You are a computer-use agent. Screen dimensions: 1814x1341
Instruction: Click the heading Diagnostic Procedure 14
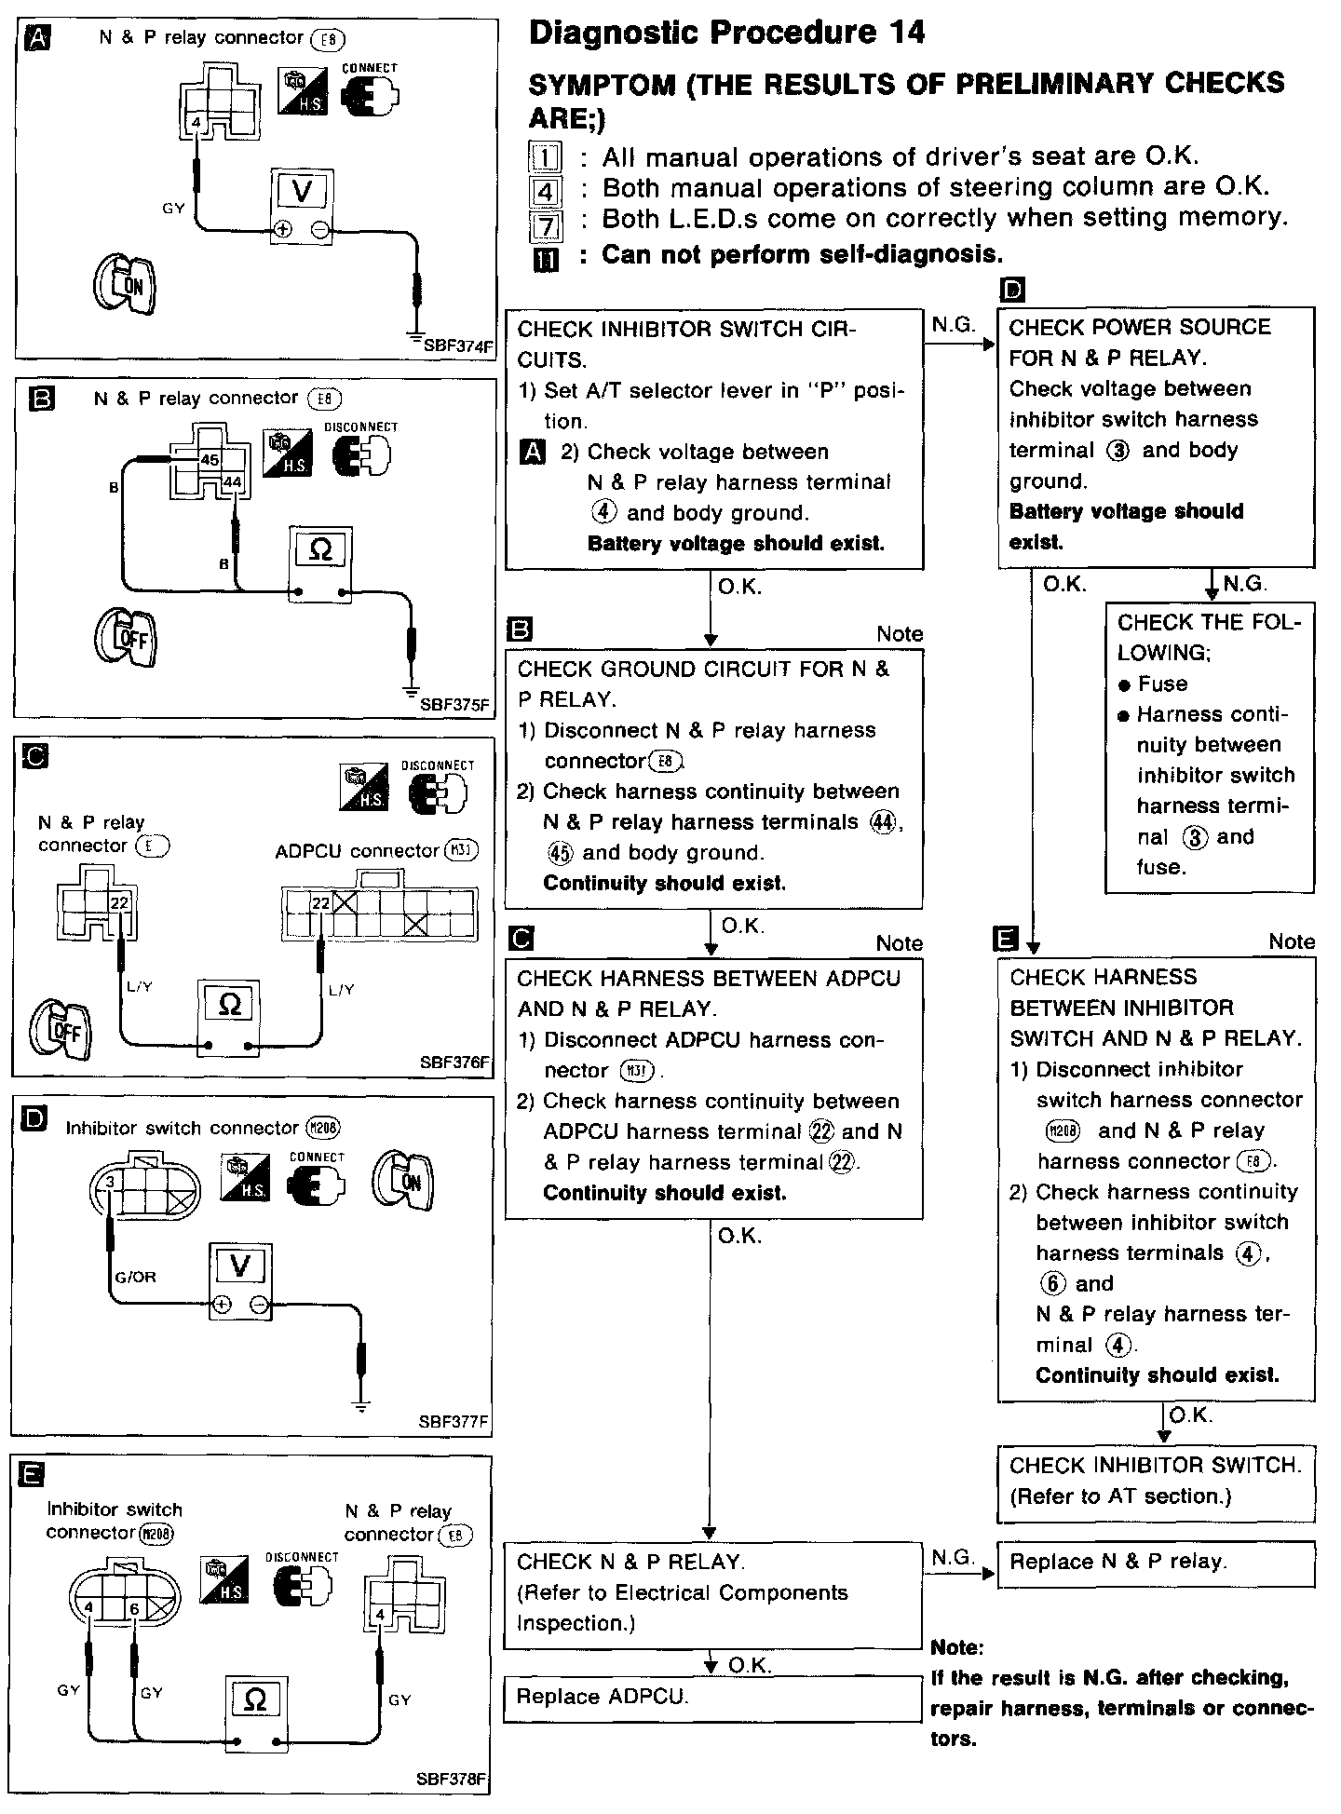click(x=726, y=34)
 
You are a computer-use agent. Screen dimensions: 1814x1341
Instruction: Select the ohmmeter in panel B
click(x=319, y=564)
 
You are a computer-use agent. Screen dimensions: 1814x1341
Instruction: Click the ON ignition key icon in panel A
click(x=125, y=283)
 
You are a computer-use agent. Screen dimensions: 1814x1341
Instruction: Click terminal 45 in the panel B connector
click(x=210, y=460)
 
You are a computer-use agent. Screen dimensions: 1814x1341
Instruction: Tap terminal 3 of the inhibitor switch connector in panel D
click(x=110, y=1182)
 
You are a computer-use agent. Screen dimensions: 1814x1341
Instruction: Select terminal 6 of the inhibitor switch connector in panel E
click(x=135, y=1608)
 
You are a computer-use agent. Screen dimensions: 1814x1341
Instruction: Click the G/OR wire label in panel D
click(x=135, y=1277)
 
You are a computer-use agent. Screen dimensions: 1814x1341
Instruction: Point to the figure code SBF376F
click(x=454, y=1062)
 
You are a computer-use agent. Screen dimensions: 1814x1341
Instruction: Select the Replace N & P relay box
click(x=1155, y=1562)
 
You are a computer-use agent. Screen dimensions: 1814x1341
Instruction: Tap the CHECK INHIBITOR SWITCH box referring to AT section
click(x=1155, y=1482)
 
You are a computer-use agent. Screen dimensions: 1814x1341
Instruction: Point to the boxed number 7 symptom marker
click(x=545, y=223)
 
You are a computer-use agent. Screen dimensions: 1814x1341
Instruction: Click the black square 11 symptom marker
click(x=546, y=260)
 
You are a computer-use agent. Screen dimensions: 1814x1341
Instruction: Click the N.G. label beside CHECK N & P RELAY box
click(x=952, y=1556)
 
